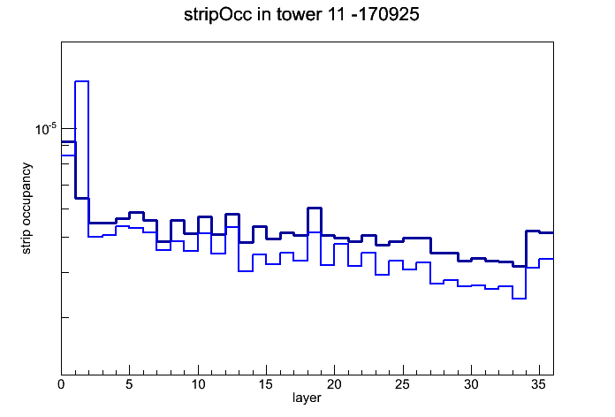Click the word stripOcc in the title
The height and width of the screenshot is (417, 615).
(217, 15)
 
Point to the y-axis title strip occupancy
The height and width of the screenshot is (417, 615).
(26, 208)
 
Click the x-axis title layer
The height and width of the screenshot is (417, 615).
(307, 398)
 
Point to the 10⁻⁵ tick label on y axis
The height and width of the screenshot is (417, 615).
(46, 129)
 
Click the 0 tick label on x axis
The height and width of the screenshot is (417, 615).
(61, 384)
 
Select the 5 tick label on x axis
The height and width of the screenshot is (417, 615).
(129, 384)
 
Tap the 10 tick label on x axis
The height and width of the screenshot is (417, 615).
(198, 384)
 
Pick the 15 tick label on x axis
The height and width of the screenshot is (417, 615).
(266, 384)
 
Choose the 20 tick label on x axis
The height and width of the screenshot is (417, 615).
(334, 384)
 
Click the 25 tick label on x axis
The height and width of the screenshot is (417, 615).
(402, 384)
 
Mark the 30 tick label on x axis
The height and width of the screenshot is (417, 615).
(471, 384)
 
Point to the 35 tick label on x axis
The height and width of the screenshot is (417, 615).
(539, 384)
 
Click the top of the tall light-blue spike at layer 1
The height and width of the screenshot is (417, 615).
(82, 81)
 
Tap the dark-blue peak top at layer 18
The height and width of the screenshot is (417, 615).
(315, 208)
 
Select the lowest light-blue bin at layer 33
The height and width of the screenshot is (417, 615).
(519, 299)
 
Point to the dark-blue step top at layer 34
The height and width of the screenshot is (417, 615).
(533, 231)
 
